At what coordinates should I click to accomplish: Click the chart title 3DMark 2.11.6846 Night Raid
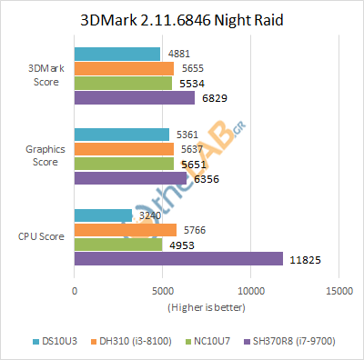[182, 18]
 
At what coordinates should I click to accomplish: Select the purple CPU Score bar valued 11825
[178, 259]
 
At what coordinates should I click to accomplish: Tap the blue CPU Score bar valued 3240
[103, 215]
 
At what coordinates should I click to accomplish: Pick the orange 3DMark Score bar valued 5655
[124, 68]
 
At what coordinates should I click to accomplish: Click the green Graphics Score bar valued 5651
[124, 164]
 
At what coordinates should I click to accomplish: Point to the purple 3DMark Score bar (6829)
[134, 97]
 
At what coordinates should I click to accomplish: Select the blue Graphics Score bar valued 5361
[121, 135]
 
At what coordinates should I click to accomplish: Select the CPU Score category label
[40, 237]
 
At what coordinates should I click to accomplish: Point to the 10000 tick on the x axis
[251, 292]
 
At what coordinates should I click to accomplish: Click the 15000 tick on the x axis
[339, 292]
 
